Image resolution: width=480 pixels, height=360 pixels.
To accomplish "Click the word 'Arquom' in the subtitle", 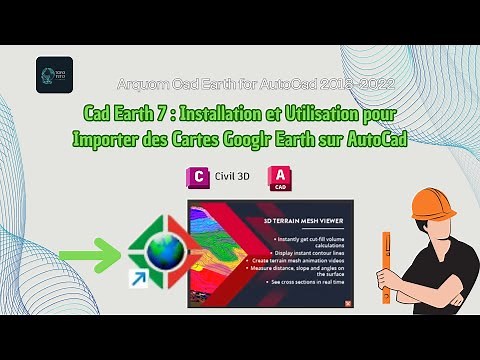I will [x=146, y=86].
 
